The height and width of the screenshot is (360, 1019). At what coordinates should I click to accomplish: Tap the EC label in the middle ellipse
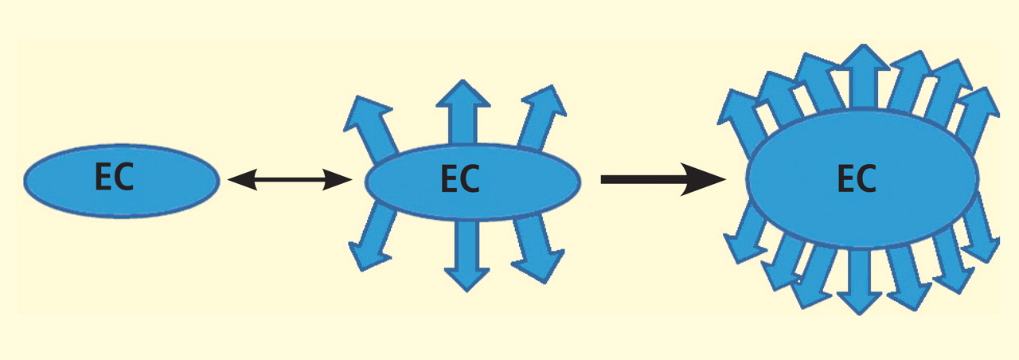tap(459, 180)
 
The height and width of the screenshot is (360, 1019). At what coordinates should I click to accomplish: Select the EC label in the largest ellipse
tap(857, 178)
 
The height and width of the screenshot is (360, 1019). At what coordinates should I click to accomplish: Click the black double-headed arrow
tap(289, 181)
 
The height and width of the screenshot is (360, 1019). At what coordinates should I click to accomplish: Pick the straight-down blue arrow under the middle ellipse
tap(467, 255)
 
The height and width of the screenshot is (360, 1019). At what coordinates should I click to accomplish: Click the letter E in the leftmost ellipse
tap(104, 179)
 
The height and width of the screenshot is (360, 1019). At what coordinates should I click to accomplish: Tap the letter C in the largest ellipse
tap(867, 178)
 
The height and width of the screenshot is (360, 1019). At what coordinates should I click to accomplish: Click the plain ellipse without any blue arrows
tap(121, 181)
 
